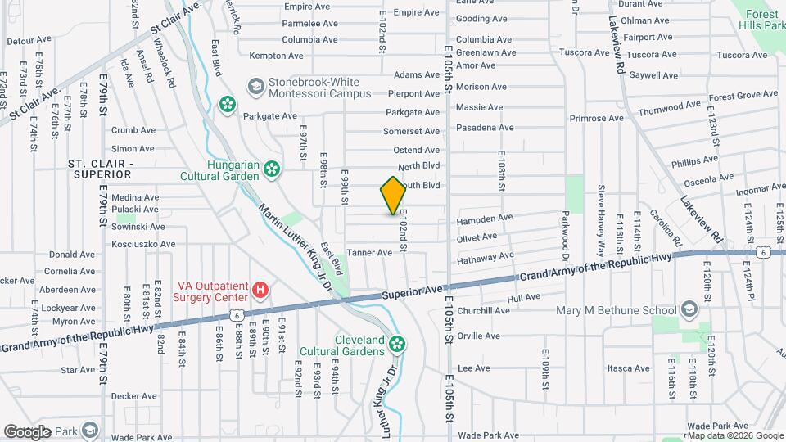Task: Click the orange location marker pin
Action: click(x=393, y=195)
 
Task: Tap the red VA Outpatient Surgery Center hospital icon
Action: click(x=260, y=289)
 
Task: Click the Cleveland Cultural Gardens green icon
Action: click(x=397, y=343)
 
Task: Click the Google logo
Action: click(x=28, y=431)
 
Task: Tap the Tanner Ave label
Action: click(x=370, y=253)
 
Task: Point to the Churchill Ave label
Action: click(x=483, y=311)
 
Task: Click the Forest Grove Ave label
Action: click(x=743, y=96)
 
